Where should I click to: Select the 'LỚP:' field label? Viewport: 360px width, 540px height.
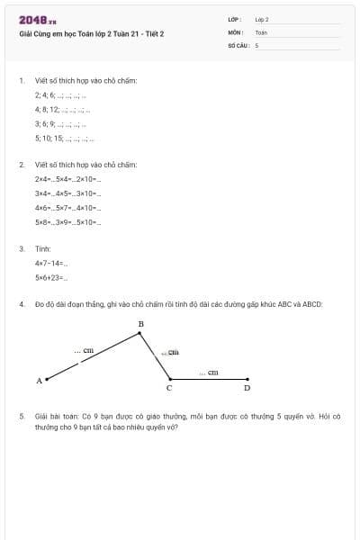pyautogui.click(x=235, y=19)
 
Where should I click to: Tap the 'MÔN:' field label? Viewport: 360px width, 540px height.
pyautogui.click(x=235, y=31)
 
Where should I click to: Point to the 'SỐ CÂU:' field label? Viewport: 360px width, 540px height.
pyautogui.click(x=238, y=44)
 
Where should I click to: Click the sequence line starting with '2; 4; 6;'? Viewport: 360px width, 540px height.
pyautogui.click(x=60, y=94)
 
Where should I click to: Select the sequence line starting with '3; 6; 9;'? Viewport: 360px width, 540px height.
pyautogui.click(x=61, y=123)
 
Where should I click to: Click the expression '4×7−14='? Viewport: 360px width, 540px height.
pyautogui.click(x=51, y=263)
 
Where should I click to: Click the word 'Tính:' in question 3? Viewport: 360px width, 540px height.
pyautogui.click(x=43, y=248)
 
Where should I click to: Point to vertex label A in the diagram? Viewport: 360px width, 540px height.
pyautogui.click(x=39, y=381)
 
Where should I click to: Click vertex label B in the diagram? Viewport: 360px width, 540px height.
pyautogui.click(x=140, y=323)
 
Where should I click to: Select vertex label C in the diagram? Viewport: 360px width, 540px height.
pyautogui.click(x=169, y=389)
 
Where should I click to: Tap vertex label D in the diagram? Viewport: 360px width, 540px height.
pyautogui.click(x=247, y=389)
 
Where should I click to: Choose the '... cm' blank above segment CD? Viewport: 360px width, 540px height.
pyautogui.click(x=208, y=372)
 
